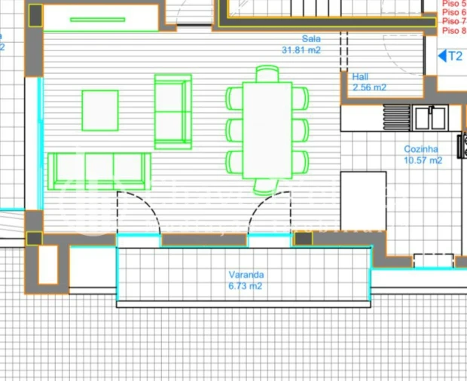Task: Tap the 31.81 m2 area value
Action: (x=301, y=50)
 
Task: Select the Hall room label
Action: (x=360, y=77)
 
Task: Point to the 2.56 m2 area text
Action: (x=369, y=87)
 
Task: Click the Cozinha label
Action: (x=422, y=149)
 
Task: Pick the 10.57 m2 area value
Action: (x=423, y=160)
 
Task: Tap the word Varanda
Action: (x=246, y=276)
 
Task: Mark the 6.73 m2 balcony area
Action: (x=246, y=286)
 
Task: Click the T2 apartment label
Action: (x=455, y=56)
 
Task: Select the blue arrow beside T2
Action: (x=442, y=56)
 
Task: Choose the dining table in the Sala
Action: (x=267, y=130)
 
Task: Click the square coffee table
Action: (x=100, y=111)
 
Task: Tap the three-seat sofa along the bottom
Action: (x=99, y=171)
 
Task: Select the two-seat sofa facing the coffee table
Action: (x=172, y=111)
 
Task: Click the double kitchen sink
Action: (x=430, y=118)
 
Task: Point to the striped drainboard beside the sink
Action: (x=397, y=117)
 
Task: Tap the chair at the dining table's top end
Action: (x=267, y=74)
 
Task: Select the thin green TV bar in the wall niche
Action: (x=98, y=20)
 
